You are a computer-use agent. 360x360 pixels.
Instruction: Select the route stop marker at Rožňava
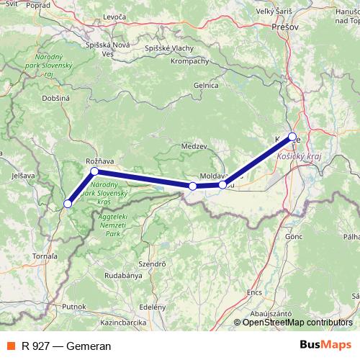tap(94, 171)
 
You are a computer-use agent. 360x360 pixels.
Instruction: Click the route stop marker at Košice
tap(292, 136)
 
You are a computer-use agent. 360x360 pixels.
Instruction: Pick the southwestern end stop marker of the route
tap(68, 204)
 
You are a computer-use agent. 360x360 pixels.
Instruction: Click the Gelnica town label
tap(205, 85)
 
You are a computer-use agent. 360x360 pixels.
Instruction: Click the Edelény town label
tap(153, 306)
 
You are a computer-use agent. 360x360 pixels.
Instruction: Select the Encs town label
tap(254, 293)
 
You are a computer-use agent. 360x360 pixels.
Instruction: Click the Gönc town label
tap(294, 235)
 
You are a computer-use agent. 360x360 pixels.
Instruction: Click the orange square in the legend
tap(10, 346)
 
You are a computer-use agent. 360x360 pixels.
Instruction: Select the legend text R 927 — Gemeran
tap(66, 346)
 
